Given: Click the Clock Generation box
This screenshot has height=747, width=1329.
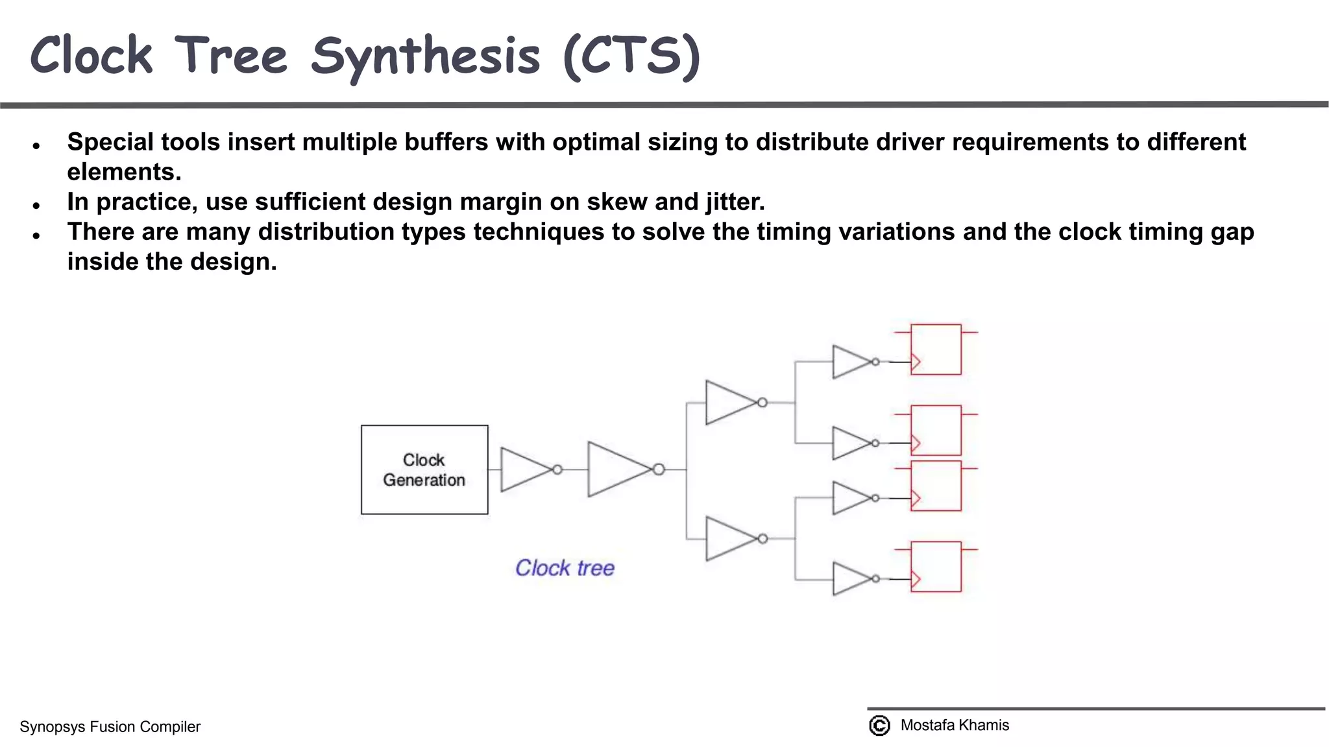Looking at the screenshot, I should click(424, 469).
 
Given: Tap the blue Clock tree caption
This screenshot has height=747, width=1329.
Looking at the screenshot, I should click(565, 568).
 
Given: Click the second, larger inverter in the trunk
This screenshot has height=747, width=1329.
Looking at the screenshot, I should click(620, 469).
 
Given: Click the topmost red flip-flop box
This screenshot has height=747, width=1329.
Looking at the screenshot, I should click(936, 349).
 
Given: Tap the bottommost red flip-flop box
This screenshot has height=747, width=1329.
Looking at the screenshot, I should click(936, 567).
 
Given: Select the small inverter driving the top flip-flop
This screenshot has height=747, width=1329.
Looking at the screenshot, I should click(852, 362).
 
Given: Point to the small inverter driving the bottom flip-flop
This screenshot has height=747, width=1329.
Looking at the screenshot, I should click(852, 579).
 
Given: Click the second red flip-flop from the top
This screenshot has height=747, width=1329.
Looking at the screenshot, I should click(936, 431).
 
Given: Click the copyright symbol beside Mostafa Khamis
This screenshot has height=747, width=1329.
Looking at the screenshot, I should click(879, 725).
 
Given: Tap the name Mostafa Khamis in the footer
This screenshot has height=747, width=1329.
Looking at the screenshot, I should click(955, 725).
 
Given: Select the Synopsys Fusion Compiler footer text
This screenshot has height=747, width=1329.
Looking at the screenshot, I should click(110, 727).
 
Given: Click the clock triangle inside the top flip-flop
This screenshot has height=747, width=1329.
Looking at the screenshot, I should click(916, 362).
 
